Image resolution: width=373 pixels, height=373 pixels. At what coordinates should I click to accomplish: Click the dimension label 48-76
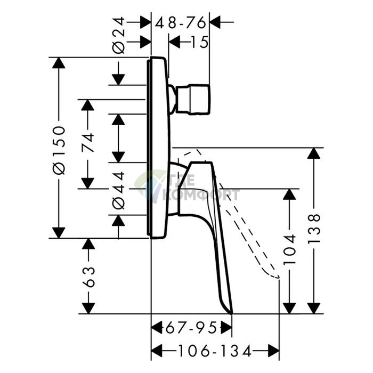tap(180, 23)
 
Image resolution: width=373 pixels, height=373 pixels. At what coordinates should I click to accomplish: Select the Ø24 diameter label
tap(118, 35)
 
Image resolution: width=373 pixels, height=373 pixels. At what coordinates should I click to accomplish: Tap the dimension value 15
tap(199, 42)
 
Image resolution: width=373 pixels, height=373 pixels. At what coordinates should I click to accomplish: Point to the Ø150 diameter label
tap(59, 150)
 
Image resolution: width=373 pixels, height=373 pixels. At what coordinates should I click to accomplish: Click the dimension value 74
tap(87, 143)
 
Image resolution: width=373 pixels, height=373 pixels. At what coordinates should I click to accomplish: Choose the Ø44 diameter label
tap(118, 191)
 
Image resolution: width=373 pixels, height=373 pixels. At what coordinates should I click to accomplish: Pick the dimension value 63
tap(88, 277)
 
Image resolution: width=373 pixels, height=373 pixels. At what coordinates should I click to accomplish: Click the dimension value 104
tap(289, 249)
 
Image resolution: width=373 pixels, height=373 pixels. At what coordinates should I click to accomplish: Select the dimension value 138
tap(314, 229)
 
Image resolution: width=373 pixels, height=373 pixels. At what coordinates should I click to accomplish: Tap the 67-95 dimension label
tap(191, 328)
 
